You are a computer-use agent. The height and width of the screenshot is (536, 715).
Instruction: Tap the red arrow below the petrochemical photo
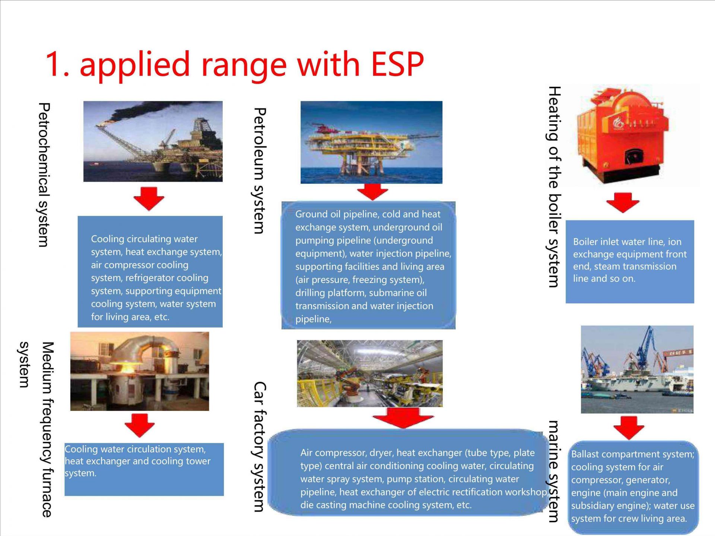pos(149,198)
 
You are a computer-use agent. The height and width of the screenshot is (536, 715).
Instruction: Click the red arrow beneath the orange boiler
pos(623,202)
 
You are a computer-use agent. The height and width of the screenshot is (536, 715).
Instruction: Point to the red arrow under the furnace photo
pos(140,425)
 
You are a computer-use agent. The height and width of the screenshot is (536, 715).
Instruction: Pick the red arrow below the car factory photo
pos(403,418)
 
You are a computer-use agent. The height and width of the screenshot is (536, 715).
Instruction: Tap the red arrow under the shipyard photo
pos(629,427)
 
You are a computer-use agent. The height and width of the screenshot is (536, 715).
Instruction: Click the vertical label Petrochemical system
pos(44,175)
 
